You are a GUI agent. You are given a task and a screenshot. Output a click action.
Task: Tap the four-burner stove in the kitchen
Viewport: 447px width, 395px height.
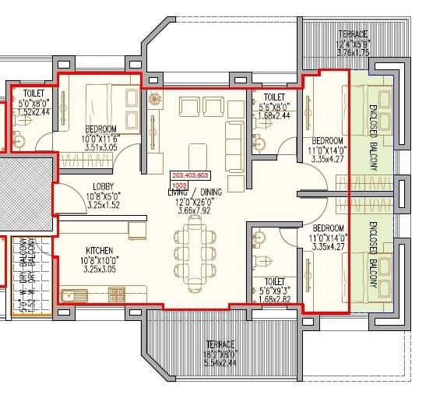[x=117, y=294]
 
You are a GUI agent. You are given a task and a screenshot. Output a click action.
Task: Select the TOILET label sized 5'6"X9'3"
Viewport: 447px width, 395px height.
[x=274, y=281]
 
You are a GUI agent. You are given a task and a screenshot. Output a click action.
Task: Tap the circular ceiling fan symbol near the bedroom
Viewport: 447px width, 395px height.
[x=153, y=100]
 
